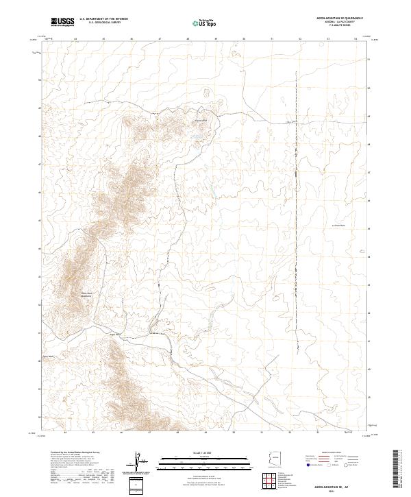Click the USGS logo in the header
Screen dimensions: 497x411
[63, 22]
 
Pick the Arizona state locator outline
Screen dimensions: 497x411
[273, 459]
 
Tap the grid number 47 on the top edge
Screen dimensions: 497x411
[160, 40]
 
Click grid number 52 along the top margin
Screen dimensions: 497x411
[300, 40]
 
